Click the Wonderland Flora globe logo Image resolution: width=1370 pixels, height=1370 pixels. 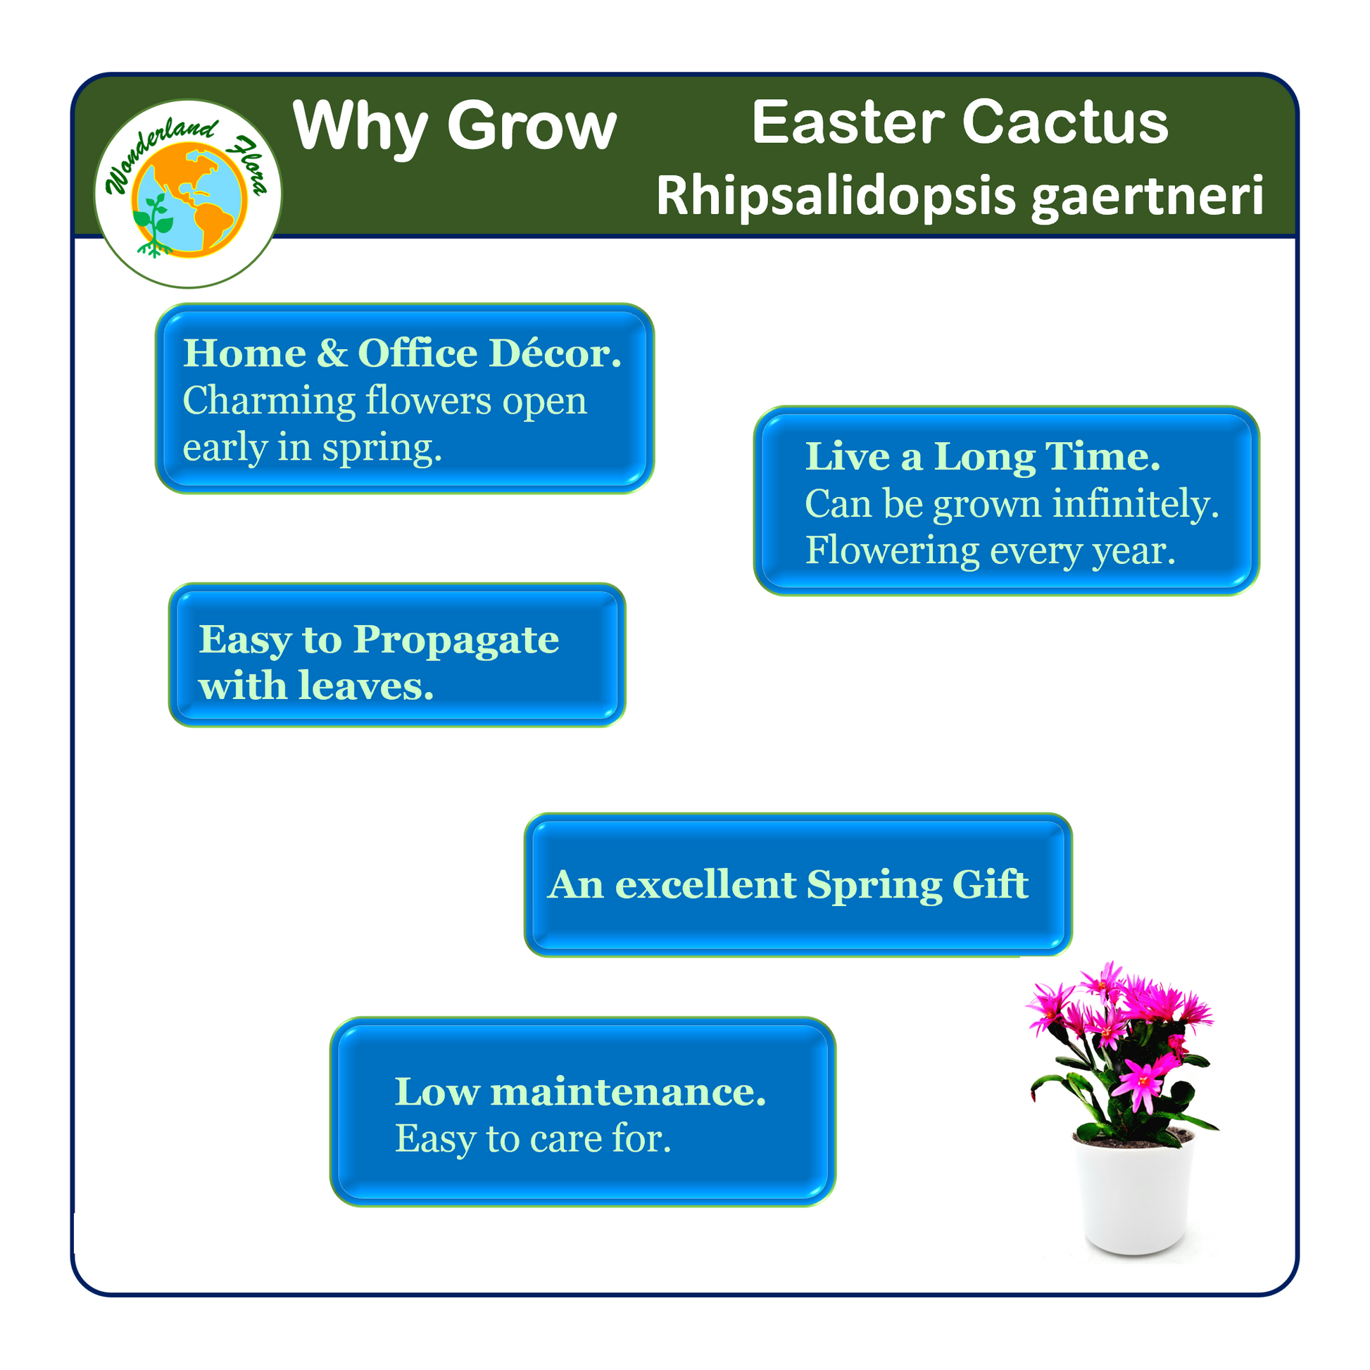coord(188,194)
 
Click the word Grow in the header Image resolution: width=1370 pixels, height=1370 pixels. coord(532,126)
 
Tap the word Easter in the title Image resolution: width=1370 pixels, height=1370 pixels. coord(848,122)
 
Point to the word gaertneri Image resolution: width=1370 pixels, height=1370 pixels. coord(1148,196)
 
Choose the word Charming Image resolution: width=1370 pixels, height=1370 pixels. coord(269,402)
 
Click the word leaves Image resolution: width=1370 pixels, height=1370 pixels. coord(366,686)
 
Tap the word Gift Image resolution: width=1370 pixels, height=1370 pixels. coord(990,884)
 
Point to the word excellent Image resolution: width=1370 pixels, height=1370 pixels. coord(705,885)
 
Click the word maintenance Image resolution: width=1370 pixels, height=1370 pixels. coord(628,1092)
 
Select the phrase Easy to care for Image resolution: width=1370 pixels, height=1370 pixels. coord(532,1139)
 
